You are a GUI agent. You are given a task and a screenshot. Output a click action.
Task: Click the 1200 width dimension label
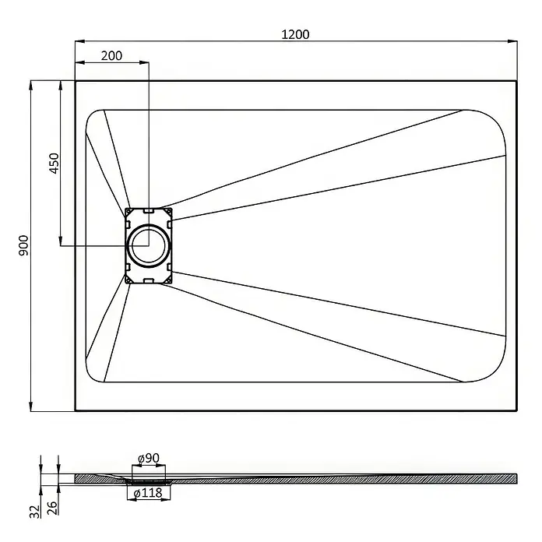[295, 34]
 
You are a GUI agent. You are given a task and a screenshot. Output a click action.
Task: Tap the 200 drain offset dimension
[111, 55]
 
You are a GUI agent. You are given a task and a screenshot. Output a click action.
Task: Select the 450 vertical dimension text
[55, 164]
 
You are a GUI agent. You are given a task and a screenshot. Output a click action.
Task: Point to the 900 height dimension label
[23, 245]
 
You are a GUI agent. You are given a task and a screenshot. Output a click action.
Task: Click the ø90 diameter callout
[149, 459]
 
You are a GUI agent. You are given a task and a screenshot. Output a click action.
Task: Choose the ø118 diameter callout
[148, 493]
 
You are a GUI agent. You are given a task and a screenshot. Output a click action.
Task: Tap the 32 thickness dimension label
[34, 512]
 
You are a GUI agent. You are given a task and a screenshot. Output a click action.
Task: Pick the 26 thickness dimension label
[52, 508]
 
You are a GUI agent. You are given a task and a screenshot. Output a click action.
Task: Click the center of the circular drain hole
[149, 245]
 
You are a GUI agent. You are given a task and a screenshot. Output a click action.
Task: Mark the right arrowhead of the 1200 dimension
[512, 41]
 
